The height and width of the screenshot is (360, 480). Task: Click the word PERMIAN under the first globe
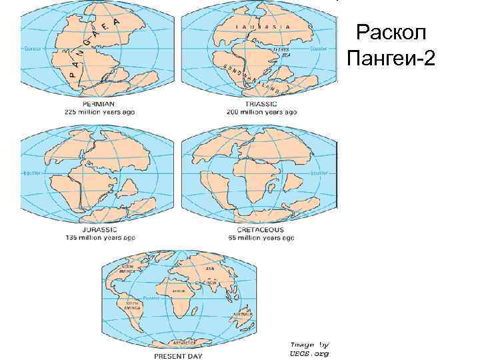pos(98,105)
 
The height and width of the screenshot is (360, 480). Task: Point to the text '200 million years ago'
pos(258,112)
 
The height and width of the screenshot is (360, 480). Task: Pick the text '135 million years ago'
pos(99,237)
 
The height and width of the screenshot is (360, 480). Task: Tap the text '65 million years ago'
pos(258,237)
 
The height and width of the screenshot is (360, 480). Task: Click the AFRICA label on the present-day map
pos(179,291)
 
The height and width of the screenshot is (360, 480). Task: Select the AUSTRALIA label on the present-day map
pos(239,313)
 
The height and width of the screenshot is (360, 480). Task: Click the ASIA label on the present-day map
pos(211,268)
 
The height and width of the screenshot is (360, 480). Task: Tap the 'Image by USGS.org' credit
pos(309,349)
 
